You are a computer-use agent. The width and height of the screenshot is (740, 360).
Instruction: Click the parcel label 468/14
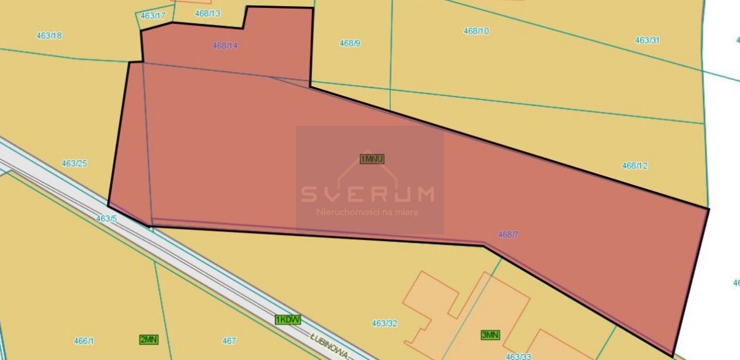tap(225, 46)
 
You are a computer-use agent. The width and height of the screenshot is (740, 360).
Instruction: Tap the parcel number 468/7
tap(508, 234)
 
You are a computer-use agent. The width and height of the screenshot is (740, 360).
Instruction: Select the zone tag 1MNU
tap(372, 159)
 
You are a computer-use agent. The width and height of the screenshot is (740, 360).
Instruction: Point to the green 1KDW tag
tap(287, 319)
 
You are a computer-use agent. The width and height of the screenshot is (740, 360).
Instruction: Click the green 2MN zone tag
tap(149, 339)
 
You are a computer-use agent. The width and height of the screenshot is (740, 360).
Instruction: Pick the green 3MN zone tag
tap(490, 335)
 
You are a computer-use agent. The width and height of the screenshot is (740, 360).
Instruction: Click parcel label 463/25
tap(74, 163)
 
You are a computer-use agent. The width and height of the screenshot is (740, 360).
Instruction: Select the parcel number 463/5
tap(106, 219)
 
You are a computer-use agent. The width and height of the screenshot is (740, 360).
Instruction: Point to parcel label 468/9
tap(350, 43)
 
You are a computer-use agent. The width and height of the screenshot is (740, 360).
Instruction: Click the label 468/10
tap(476, 30)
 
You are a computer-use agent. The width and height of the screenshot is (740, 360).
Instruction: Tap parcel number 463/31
tap(647, 40)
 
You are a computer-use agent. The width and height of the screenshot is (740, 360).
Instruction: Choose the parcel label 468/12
tap(635, 165)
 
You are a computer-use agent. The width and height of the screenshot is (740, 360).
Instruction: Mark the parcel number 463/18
tap(49, 36)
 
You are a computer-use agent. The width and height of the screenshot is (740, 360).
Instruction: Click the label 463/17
tap(153, 15)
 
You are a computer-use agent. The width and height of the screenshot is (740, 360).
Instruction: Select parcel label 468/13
tap(207, 12)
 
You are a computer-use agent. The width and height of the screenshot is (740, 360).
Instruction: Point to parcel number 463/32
tap(384, 323)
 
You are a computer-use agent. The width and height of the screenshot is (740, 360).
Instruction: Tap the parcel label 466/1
tap(84, 341)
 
